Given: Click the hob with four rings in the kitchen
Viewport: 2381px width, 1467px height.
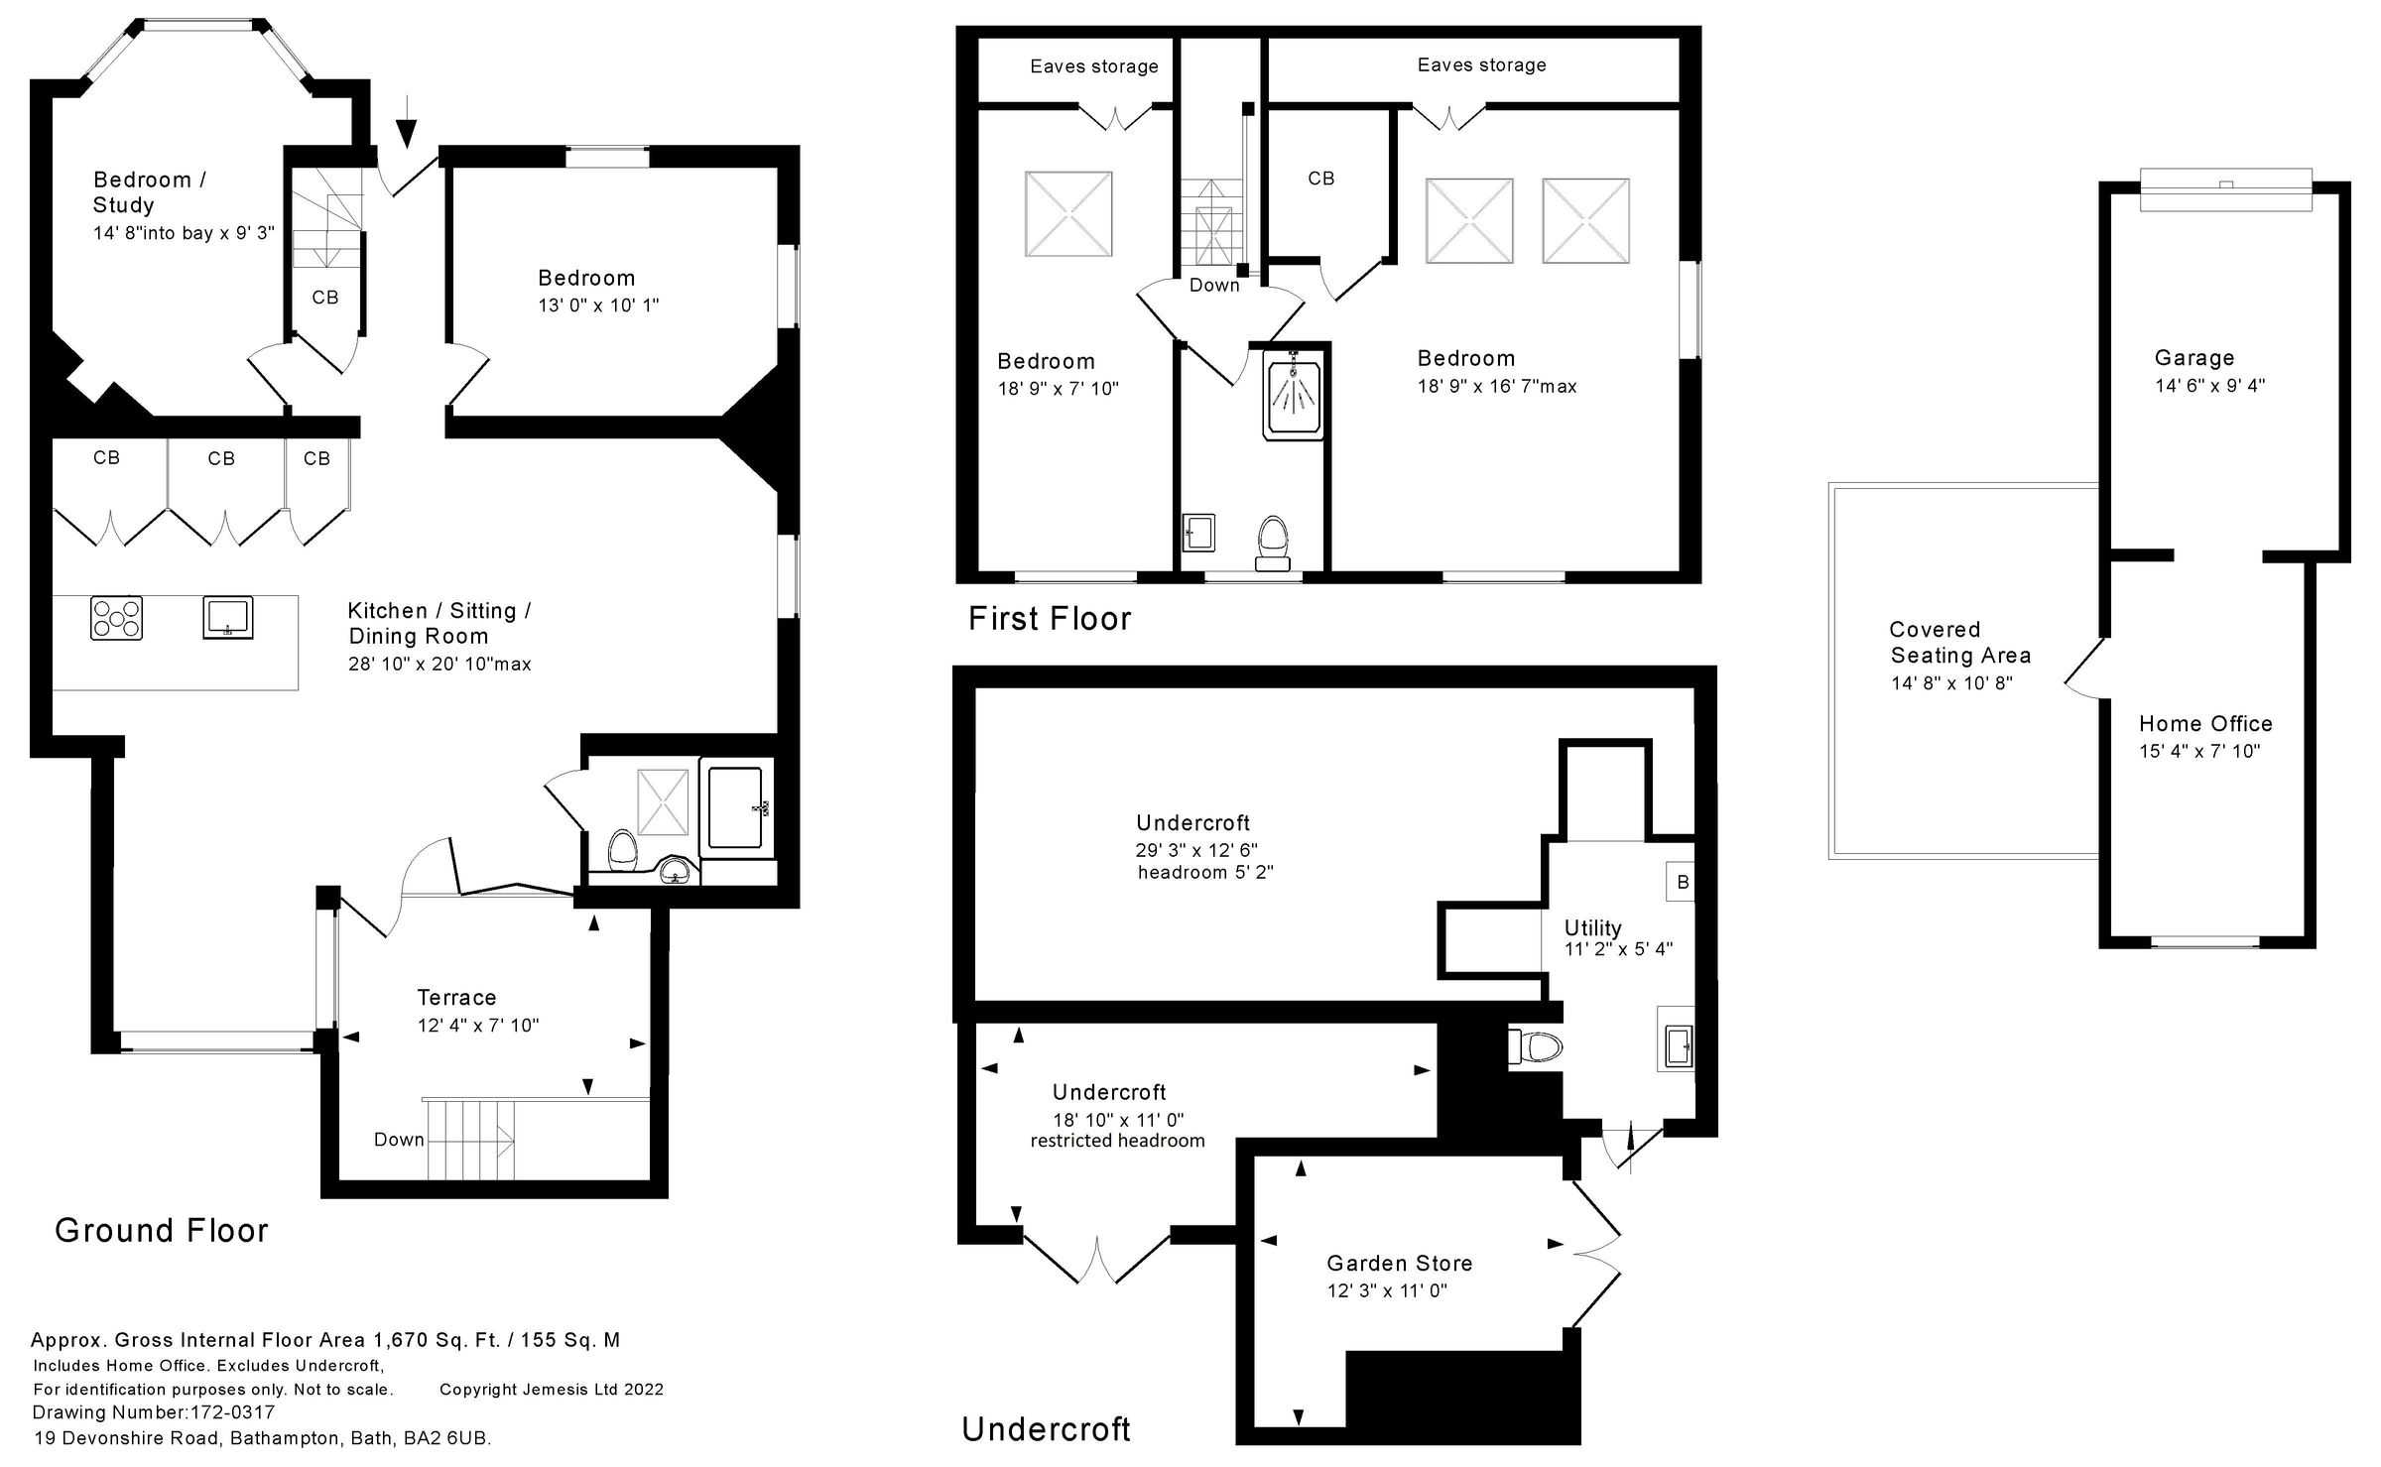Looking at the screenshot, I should click(x=116, y=618).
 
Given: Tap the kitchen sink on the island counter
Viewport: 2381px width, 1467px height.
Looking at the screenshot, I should click(x=228, y=617).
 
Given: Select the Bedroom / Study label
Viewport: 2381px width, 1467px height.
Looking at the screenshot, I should click(x=149, y=192).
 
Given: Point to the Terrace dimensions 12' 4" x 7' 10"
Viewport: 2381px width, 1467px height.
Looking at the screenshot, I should click(x=478, y=1026).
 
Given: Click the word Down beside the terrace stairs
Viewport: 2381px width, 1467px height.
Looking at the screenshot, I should click(x=399, y=1140).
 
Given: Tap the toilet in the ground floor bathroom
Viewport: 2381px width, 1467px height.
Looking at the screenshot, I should click(x=622, y=850).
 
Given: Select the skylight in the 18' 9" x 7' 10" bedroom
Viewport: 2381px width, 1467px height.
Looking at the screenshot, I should click(x=1067, y=214).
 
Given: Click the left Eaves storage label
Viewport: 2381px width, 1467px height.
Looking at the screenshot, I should click(x=1093, y=66).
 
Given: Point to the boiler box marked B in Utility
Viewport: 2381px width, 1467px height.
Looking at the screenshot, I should click(x=1682, y=882).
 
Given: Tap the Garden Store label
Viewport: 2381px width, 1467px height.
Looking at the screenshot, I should click(x=1399, y=1264).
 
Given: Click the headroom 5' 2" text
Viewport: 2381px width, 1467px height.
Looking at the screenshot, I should click(x=1204, y=873).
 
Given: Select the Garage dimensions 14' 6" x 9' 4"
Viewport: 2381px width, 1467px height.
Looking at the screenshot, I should click(x=2209, y=386).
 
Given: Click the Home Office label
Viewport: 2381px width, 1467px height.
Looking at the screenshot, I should click(x=2204, y=724).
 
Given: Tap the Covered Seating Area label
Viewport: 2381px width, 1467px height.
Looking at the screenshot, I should click(x=1959, y=643).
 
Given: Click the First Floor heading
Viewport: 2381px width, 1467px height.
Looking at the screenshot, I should click(x=1049, y=619).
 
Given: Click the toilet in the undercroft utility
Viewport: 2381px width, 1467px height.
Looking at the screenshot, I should click(x=1533, y=1045).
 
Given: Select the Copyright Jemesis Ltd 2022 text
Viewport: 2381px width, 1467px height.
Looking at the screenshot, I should click(x=551, y=1390).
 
